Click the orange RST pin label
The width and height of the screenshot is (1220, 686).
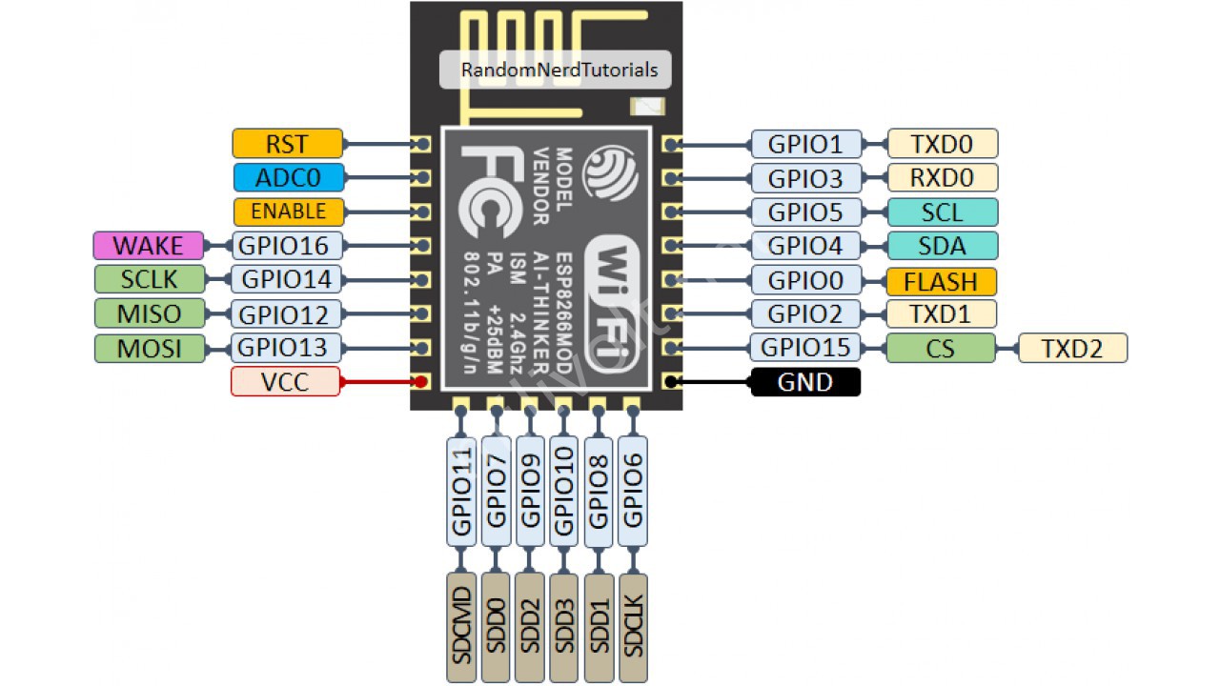click(288, 144)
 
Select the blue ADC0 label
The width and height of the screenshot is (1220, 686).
click(289, 177)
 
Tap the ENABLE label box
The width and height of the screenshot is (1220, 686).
click(289, 212)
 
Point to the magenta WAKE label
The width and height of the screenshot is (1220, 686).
click(148, 246)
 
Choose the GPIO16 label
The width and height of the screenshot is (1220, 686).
click(287, 246)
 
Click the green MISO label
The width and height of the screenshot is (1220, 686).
click(150, 313)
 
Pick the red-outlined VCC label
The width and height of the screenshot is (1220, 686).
click(285, 382)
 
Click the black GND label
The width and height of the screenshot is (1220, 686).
click(805, 382)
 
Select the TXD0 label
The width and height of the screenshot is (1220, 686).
click(943, 144)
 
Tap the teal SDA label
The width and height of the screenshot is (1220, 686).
click(943, 246)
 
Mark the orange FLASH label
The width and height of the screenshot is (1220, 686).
click(942, 281)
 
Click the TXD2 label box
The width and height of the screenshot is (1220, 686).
click(1073, 348)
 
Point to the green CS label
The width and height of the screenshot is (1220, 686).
click(941, 348)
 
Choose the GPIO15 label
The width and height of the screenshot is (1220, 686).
click(805, 348)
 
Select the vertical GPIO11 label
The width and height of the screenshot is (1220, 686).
click(461, 491)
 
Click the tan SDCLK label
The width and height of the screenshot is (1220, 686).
click(634, 627)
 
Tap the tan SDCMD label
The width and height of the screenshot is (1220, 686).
click(461, 627)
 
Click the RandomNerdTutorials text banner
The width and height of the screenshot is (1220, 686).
click(556, 70)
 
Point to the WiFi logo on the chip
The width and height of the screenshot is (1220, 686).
click(614, 305)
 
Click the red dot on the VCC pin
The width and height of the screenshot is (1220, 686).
click(420, 382)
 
